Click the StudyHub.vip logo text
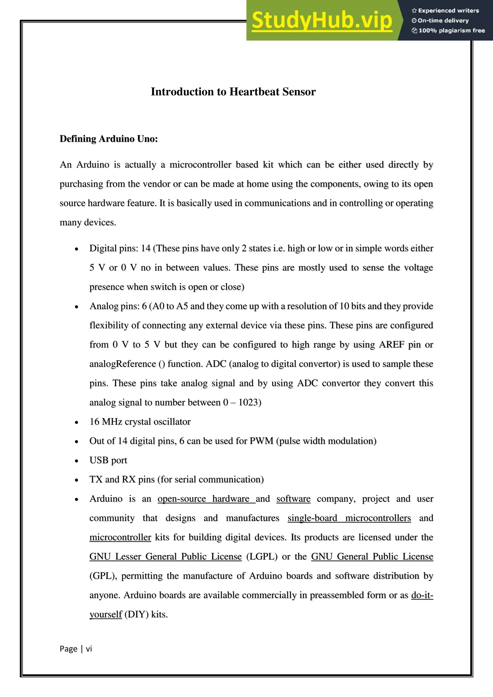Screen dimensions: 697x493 point(322,21)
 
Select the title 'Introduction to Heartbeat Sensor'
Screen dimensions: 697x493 point(233,92)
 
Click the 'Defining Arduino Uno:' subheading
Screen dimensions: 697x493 point(109,139)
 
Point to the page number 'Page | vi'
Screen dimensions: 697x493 point(76,649)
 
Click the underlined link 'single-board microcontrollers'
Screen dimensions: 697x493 point(349,518)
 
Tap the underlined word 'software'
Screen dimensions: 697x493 point(293,499)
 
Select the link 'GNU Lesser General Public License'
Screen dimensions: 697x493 point(165,556)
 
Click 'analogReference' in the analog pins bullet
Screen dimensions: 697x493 point(123,364)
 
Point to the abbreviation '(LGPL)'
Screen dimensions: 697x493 point(262,556)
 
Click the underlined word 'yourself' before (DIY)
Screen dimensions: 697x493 point(106,614)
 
